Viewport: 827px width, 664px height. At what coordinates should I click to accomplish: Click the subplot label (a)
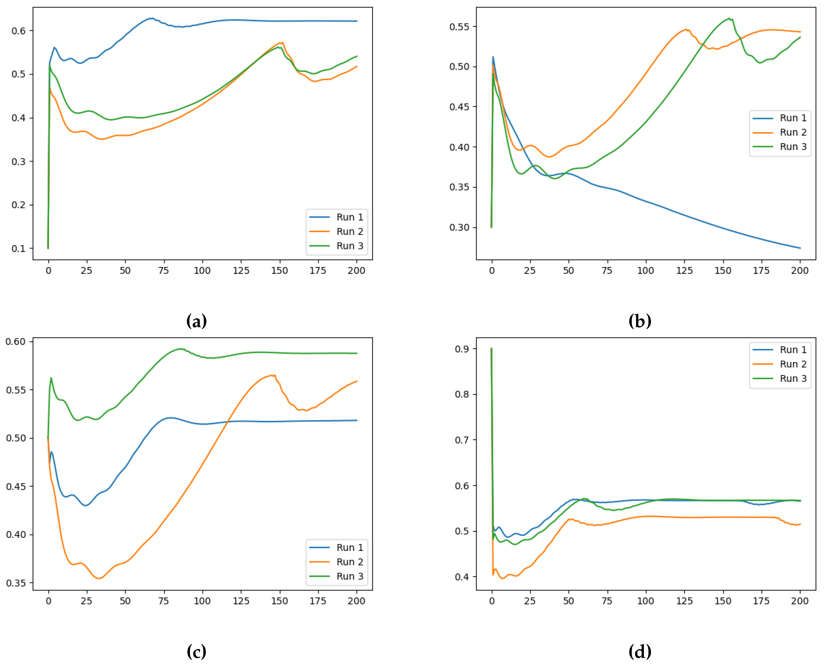click(x=197, y=321)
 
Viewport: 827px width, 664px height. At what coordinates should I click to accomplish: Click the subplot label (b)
click(x=640, y=321)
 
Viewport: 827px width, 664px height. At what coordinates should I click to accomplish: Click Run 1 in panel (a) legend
click(x=349, y=217)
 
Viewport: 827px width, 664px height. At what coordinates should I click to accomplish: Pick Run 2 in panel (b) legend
click(x=793, y=132)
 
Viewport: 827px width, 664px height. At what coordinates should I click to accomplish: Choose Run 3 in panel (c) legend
click(x=349, y=576)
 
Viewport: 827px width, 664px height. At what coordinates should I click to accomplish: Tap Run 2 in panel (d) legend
click(x=793, y=364)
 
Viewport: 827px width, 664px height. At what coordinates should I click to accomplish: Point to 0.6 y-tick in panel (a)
click(x=18, y=31)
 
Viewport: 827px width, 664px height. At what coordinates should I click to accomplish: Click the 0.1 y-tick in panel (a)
click(x=18, y=249)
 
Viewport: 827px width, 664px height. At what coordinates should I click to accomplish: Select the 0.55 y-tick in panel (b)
click(x=459, y=27)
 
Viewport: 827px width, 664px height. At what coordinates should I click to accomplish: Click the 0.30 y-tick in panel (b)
click(x=459, y=228)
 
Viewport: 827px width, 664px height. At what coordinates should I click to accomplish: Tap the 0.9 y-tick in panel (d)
click(x=462, y=349)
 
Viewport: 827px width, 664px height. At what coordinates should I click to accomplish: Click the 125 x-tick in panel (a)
click(x=241, y=271)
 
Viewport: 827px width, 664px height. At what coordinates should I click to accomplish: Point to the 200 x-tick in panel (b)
click(x=800, y=271)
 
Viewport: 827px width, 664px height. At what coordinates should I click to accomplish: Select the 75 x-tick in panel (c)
click(x=164, y=601)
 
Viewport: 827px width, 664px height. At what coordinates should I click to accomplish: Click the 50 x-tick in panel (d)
click(x=569, y=601)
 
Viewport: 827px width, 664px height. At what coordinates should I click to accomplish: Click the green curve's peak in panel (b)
click(x=729, y=18)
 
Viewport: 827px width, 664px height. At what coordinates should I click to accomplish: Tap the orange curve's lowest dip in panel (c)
click(x=99, y=578)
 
